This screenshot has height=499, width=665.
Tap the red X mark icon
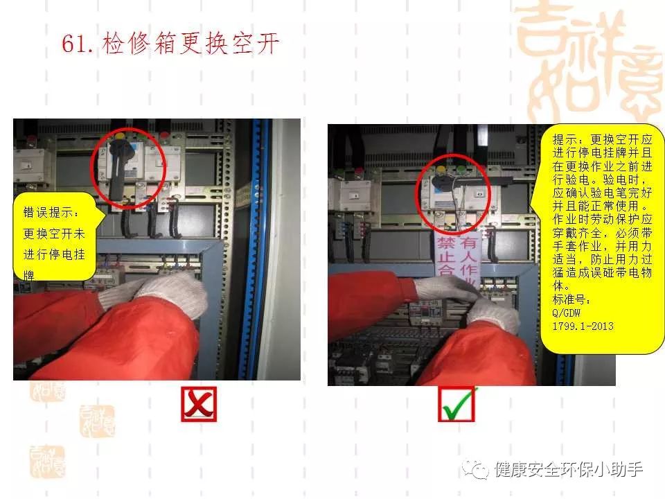199,404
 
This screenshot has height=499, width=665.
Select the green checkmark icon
456,404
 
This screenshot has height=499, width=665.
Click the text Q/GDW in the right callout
567,313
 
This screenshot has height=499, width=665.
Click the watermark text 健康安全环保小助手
569,470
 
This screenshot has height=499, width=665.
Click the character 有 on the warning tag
469,243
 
